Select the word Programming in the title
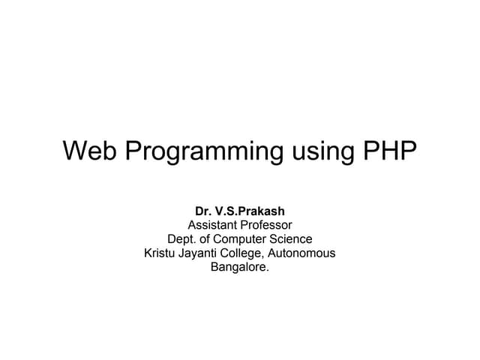(201, 152)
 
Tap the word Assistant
(214, 225)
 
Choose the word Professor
(267, 225)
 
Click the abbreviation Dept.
(182, 239)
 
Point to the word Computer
(244, 239)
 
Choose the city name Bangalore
(238, 268)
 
